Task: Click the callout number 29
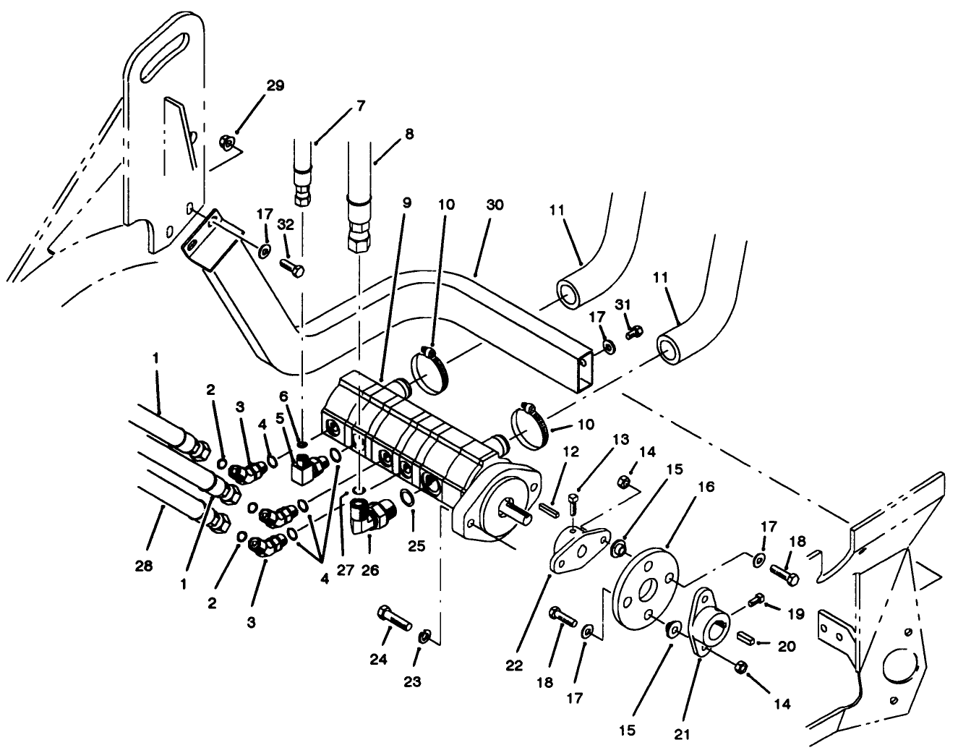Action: coord(275,85)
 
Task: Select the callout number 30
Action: coord(495,205)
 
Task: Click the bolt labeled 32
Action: coord(292,267)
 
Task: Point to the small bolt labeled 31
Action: coord(634,331)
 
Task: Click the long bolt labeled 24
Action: coord(393,619)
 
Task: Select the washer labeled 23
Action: coord(424,637)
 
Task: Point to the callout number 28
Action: coord(145,566)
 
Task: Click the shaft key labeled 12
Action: coord(551,507)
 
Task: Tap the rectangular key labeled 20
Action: coord(746,640)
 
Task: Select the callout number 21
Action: coord(683,735)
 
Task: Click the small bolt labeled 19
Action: coord(757,600)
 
